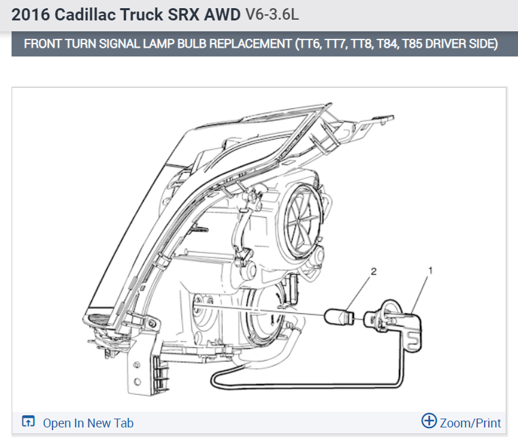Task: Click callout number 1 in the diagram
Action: point(430,270)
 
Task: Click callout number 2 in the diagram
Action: point(374,272)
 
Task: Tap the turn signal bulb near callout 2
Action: point(339,317)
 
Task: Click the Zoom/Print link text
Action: point(470,423)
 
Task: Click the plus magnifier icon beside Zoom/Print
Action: point(429,421)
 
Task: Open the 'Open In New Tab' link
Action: point(88,423)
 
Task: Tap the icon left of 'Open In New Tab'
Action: point(28,421)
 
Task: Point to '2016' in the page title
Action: point(31,15)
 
